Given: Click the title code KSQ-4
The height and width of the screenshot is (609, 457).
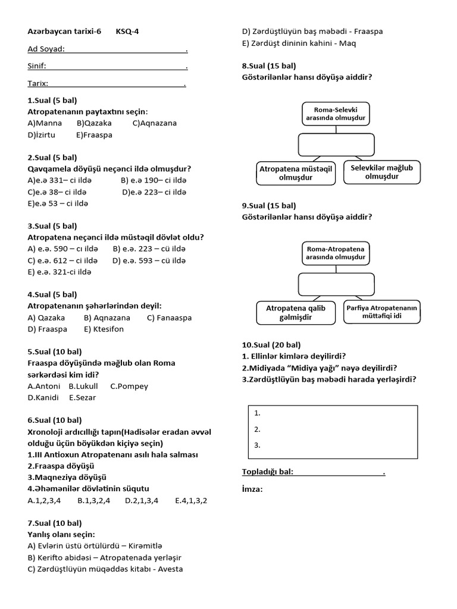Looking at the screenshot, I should click(x=128, y=32).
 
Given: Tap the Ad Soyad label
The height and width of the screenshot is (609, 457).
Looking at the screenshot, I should click(x=46, y=49).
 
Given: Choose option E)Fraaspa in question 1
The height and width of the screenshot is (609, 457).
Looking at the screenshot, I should click(x=94, y=134).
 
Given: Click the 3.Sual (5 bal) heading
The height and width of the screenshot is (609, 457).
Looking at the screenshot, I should click(x=52, y=226).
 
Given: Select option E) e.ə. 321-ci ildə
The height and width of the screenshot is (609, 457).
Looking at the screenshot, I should click(x=60, y=272).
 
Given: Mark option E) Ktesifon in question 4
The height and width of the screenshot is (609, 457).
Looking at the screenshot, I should click(x=104, y=329).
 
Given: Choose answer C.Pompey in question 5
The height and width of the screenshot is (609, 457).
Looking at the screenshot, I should click(x=129, y=386).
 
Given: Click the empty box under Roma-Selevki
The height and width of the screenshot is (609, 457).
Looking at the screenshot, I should click(x=336, y=144).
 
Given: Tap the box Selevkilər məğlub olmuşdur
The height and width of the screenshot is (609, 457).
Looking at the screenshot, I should click(x=381, y=172).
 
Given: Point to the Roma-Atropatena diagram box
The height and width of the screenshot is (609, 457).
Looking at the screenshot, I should click(x=336, y=253).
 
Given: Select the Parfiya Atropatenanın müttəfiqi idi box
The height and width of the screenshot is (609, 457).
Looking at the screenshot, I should click(x=382, y=312).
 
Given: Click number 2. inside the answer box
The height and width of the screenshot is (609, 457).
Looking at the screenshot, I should click(x=256, y=428).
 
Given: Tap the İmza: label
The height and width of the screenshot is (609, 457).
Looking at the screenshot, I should click(x=252, y=489).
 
